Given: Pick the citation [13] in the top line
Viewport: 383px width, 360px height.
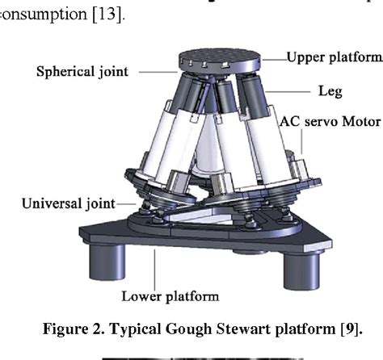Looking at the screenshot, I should tap(107, 15).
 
